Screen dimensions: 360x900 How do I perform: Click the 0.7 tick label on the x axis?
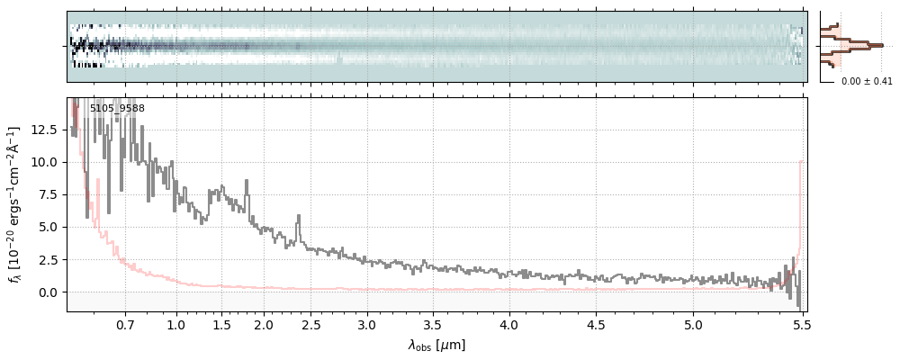coord(125,324)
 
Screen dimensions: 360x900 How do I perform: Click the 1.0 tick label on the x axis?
coord(176,324)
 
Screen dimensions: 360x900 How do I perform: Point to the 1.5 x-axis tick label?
coord(221,324)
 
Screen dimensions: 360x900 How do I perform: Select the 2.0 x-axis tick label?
coord(264,324)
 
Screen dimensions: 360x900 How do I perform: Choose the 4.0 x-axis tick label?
coord(509,324)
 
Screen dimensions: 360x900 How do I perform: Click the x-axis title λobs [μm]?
coord(436,345)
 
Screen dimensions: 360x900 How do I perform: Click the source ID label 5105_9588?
coord(117,109)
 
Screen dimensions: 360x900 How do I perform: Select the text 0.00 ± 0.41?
coord(867,81)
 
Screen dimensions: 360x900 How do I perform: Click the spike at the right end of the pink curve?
coord(800,163)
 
